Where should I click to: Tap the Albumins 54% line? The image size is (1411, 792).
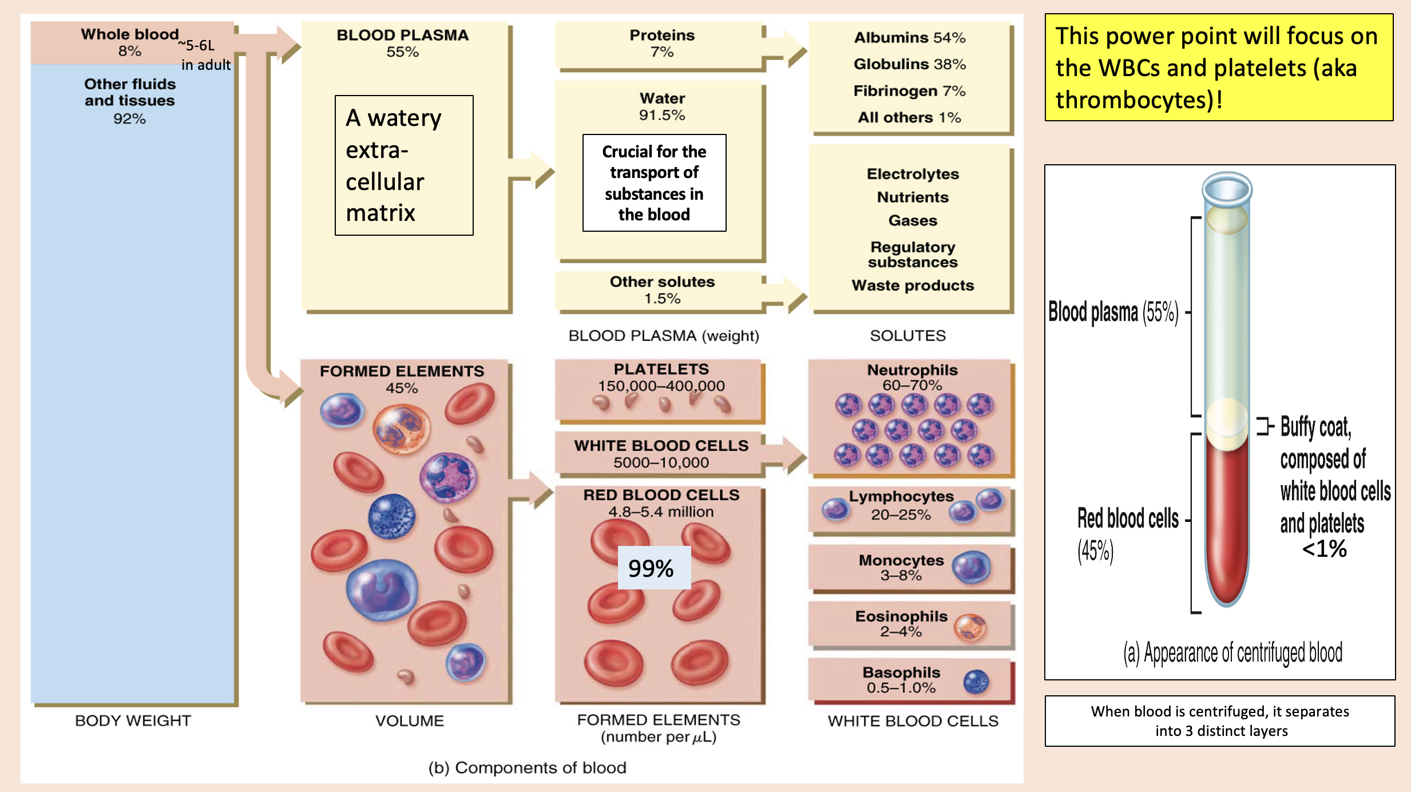click(909, 38)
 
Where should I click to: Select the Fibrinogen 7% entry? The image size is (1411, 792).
click(909, 91)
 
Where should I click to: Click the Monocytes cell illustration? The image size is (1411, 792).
click(971, 567)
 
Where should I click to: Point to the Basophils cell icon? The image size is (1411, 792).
click(976, 681)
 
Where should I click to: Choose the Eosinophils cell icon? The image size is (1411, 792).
click(970, 627)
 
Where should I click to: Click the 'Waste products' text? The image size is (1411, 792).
click(912, 286)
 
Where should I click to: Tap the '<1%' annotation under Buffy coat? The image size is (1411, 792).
click(1324, 549)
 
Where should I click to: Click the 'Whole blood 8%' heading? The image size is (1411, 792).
click(129, 42)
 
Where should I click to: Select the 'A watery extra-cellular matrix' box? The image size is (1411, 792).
click(404, 165)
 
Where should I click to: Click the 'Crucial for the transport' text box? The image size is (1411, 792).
click(654, 183)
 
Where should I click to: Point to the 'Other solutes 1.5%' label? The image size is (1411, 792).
click(662, 290)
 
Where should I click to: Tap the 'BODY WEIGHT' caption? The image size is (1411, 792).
click(133, 720)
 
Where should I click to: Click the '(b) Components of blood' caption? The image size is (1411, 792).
click(527, 767)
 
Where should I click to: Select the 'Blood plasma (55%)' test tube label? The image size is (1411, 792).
click(1113, 312)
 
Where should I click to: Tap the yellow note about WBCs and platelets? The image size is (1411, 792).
click(1219, 68)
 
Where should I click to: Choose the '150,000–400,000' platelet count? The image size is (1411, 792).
click(661, 386)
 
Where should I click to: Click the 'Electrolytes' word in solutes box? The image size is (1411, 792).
click(912, 174)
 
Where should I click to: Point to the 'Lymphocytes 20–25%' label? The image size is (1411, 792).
click(901, 505)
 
